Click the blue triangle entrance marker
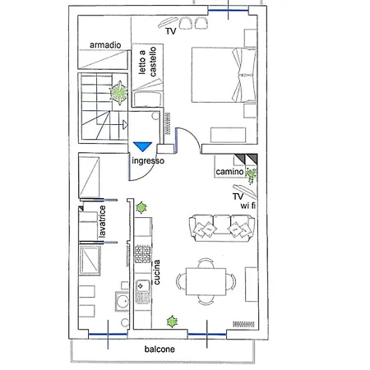[x=142, y=146]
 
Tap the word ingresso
[x=148, y=161]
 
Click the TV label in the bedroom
[x=171, y=30]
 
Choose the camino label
[x=229, y=172]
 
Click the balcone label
[x=160, y=349]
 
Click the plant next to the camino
[x=251, y=173]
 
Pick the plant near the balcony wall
[x=173, y=320]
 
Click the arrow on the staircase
[x=122, y=125]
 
